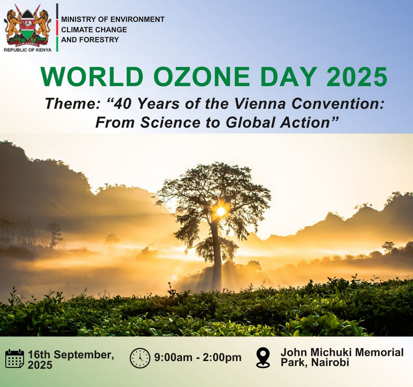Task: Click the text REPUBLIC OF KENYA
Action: tap(28, 50)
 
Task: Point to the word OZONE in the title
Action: tap(201, 77)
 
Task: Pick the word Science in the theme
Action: tap(171, 122)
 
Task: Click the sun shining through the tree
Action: tap(221, 211)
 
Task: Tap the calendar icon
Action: tap(14, 359)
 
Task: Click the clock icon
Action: tap(140, 358)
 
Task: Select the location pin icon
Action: tap(263, 357)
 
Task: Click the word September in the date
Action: tap(84, 355)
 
